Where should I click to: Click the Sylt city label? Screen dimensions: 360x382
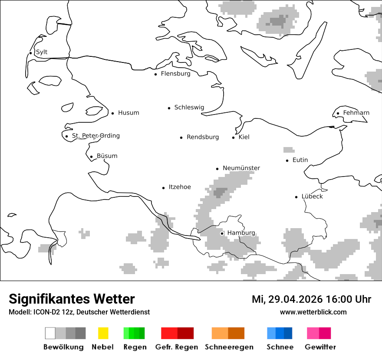click(x=42, y=52)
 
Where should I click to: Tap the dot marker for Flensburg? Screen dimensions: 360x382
click(x=155, y=74)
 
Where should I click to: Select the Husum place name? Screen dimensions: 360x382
click(x=128, y=113)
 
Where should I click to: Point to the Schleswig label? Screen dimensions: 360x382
click(x=189, y=108)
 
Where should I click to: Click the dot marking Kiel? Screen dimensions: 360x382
click(x=234, y=137)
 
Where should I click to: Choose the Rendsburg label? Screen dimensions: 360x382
click(x=203, y=137)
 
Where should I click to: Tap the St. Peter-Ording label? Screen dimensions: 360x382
click(x=95, y=136)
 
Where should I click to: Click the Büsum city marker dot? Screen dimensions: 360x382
click(x=91, y=157)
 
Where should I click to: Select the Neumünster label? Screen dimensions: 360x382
click(x=241, y=168)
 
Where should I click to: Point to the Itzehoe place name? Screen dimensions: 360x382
click(x=180, y=187)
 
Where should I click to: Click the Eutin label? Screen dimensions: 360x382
click(x=300, y=160)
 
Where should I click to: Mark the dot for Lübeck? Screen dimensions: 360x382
click(x=296, y=197)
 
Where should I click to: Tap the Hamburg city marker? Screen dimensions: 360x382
click(x=222, y=233)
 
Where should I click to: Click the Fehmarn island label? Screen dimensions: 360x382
click(x=356, y=113)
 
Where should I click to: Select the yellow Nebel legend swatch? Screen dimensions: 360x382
click(x=103, y=333)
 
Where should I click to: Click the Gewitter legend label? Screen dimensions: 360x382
click(x=320, y=347)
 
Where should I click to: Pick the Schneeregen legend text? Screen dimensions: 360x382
click(x=229, y=347)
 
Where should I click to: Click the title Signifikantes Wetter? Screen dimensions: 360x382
click(x=72, y=299)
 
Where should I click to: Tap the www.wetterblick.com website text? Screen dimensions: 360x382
click(x=313, y=312)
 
